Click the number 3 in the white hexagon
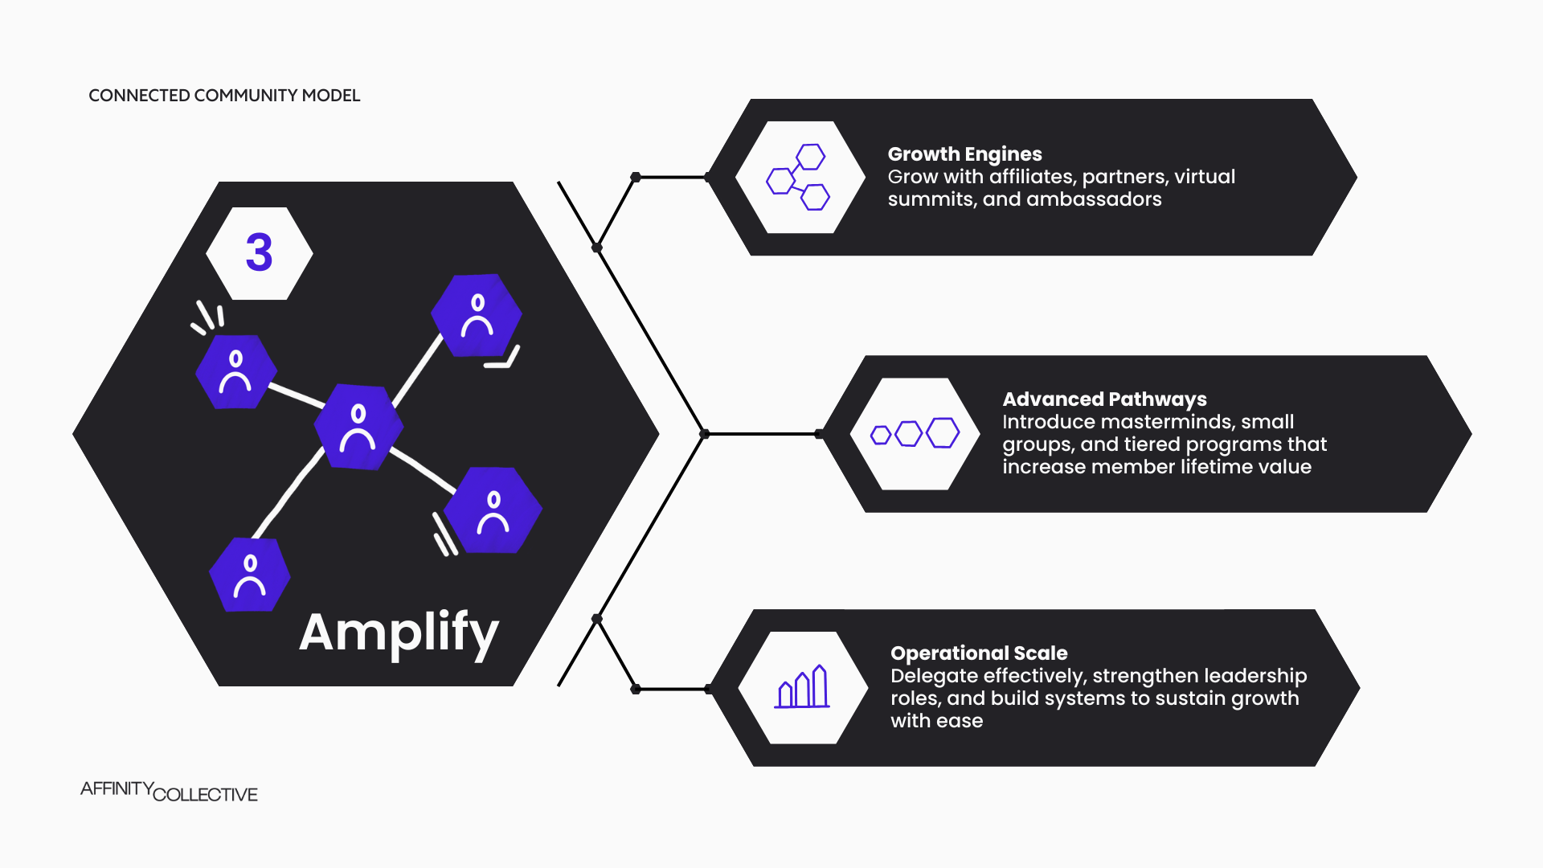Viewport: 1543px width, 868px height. pyautogui.click(x=259, y=253)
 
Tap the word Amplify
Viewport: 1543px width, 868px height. pyautogui.click(x=399, y=633)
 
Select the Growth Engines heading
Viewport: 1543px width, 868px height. pyautogui.click(x=964, y=154)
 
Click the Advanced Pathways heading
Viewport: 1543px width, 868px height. pyautogui.click(x=1104, y=399)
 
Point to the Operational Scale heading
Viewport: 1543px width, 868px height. pyautogui.click(x=979, y=653)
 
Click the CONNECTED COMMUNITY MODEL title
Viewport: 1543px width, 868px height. pyautogui.click(x=224, y=96)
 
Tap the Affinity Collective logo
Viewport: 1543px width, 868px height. pyautogui.click(x=169, y=792)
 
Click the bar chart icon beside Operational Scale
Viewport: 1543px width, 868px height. pyautogui.click(x=802, y=687)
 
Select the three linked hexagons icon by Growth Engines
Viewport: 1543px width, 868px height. pyautogui.click(x=799, y=178)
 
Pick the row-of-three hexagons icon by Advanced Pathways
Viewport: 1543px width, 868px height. pyautogui.click(x=915, y=434)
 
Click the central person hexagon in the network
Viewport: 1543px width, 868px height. pyautogui.click(x=358, y=427)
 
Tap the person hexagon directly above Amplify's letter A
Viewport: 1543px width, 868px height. pyautogui.click(x=250, y=575)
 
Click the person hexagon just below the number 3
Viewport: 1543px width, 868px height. pyautogui.click(x=236, y=372)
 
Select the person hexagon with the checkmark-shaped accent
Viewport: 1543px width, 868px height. pyautogui.click(x=477, y=316)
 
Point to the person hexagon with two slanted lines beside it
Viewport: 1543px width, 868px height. pyautogui.click(x=493, y=510)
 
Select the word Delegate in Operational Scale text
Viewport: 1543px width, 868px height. pyautogui.click(x=929, y=676)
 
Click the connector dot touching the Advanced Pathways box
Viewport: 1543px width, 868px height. pyautogui.click(x=819, y=434)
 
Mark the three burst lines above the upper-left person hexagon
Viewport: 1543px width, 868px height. pyautogui.click(x=208, y=317)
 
